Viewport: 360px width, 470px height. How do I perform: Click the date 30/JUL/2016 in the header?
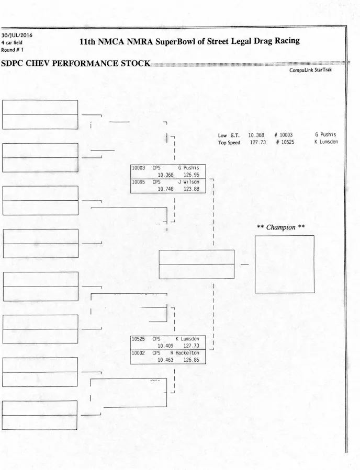coord(17,35)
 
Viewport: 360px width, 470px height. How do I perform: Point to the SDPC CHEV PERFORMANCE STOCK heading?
coord(75,63)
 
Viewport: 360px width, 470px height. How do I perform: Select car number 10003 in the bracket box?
coord(138,168)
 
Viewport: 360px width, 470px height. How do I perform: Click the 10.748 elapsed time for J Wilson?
coord(165,189)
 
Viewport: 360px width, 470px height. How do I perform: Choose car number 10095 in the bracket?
coord(138,182)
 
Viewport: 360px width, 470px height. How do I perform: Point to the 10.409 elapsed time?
coord(165,346)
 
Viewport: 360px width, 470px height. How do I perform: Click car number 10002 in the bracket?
coord(138,353)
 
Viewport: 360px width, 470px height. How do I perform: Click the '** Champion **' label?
coord(281,227)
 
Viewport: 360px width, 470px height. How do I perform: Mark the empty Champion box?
coord(284,264)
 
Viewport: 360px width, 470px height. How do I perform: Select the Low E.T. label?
coord(229,135)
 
